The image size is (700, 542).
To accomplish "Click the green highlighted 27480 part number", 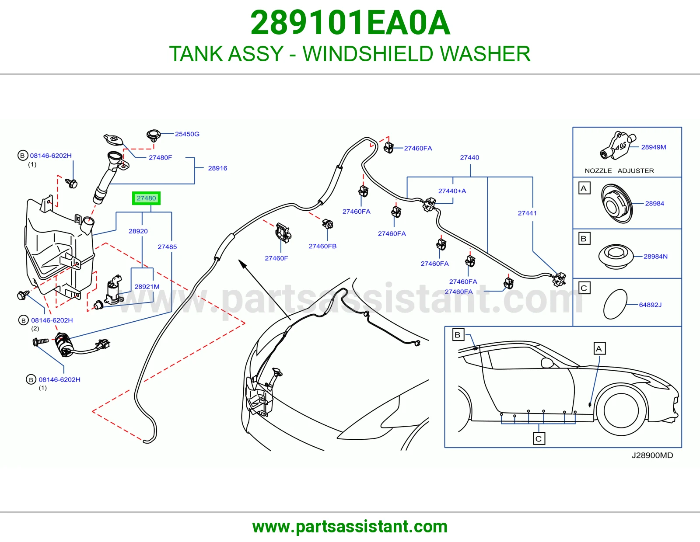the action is (x=146, y=198).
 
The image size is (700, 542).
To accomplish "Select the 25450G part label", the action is (x=187, y=134).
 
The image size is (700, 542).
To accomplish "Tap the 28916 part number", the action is (x=217, y=168).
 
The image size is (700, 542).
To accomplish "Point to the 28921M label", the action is (x=147, y=286).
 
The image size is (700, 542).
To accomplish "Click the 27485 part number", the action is (x=167, y=247).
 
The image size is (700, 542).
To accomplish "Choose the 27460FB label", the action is (x=322, y=246).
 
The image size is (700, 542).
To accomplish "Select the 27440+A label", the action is (x=452, y=191).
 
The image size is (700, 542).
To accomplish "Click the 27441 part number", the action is (x=527, y=213).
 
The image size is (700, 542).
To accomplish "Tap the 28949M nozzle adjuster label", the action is (x=654, y=147).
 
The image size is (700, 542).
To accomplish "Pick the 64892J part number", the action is (x=650, y=305).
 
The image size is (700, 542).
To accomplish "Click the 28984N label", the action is (x=655, y=257).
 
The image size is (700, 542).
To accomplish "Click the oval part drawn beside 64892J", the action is (x=615, y=304).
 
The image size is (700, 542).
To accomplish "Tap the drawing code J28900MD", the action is (x=652, y=455).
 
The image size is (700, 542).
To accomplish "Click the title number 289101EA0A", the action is (x=350, y=23).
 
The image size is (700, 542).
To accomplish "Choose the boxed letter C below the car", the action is (x=539, y=439).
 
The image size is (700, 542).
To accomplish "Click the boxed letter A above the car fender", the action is (x=599, y=348).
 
